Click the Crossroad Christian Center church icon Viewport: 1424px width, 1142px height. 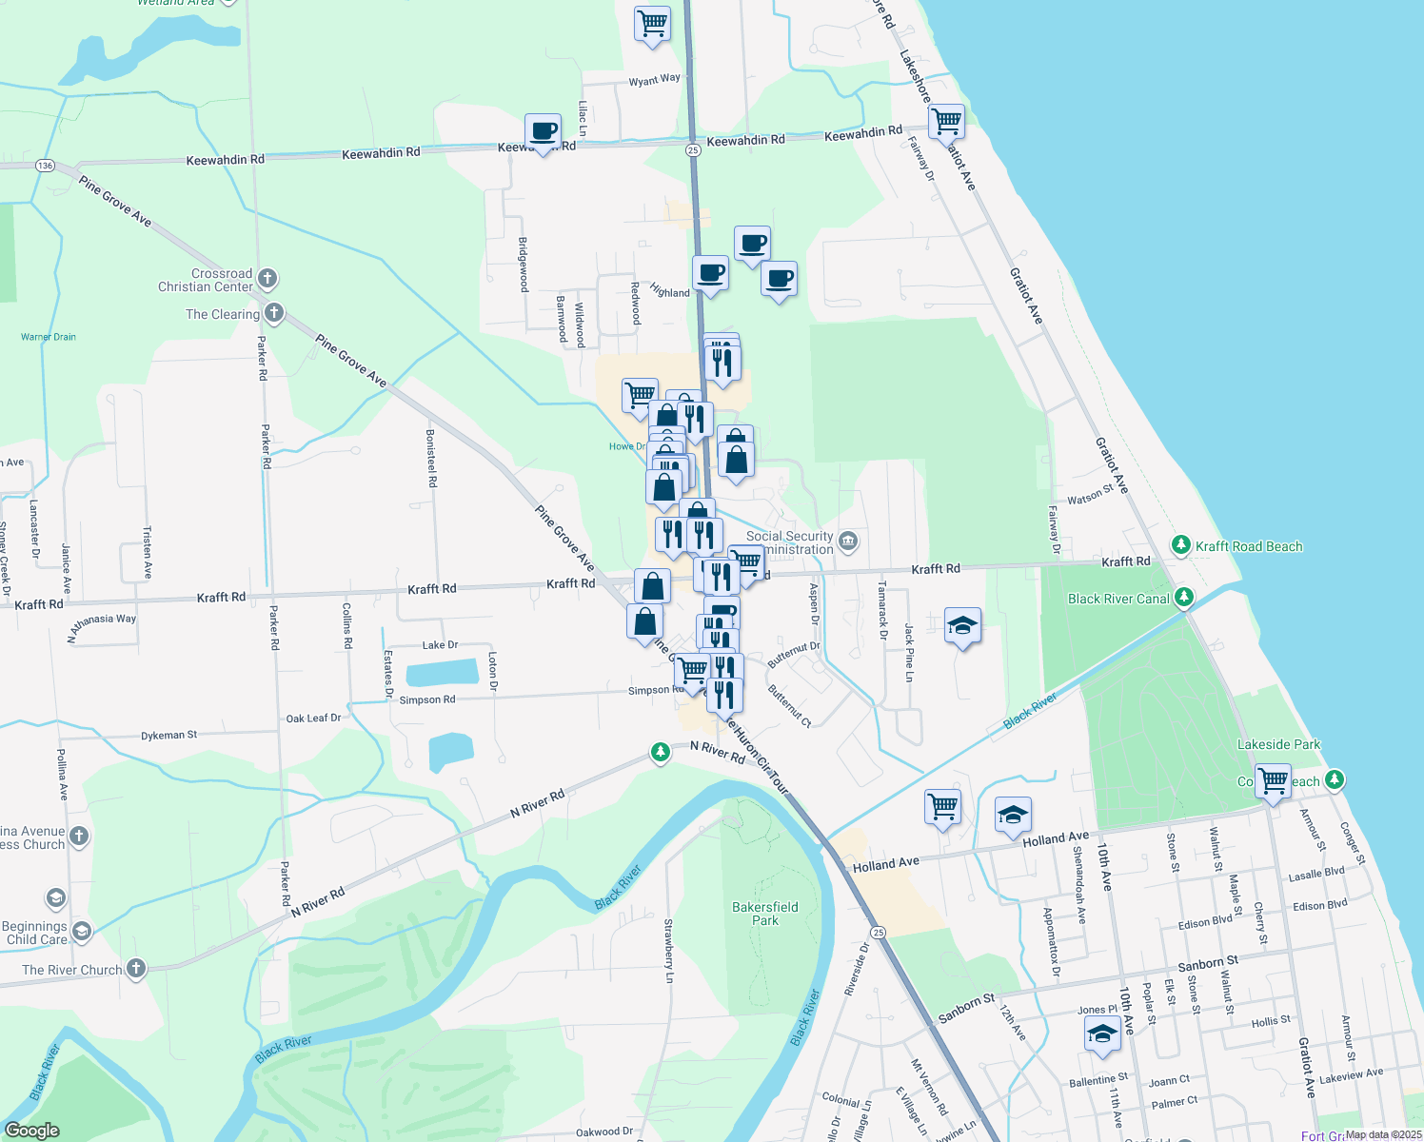(x=267, y=279)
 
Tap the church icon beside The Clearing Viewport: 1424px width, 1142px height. (x=274, y=312)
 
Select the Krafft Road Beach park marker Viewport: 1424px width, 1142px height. (x=1181, y=545)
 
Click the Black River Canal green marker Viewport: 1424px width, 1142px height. (x=1184, y=598)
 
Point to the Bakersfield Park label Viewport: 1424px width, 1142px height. (x=765, y=914)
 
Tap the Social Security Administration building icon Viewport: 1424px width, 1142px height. (x=849, y=542)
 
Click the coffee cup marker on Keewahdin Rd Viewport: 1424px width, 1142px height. (x=544, y=132)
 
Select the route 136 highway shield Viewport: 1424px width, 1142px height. (x=45, y=166)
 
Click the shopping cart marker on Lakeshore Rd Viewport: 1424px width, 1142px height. (x=946, y=122)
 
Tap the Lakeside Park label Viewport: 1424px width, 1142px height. (x=1278, y=744)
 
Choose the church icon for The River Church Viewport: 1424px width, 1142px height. (x=135, y=969)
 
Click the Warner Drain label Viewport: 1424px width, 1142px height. (x=49, y=337)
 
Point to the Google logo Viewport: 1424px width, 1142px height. (x=31, y=1131)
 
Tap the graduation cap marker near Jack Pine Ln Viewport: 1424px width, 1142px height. (x=962, y=626)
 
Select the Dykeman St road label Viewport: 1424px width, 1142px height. (x=169, y=736)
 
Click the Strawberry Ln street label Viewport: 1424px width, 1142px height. (x=669, y=951)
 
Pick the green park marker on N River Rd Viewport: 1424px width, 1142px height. (x=660, y=753)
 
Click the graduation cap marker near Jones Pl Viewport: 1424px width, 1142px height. (x=1101, y=1034)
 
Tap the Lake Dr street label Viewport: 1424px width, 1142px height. (x=440, y=645)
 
